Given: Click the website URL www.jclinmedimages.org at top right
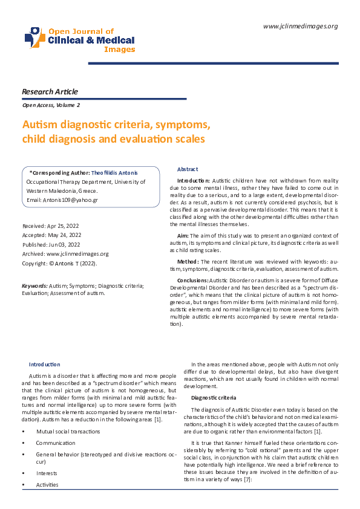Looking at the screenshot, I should (x=301, y=25).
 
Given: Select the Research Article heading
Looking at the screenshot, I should (x=50, y=92).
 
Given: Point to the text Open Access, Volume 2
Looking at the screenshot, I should (x=50, y=105).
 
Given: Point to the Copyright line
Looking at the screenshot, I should (x=59, y=264).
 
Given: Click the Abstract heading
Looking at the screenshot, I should (x=188, y=169).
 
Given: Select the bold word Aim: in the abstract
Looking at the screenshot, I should (x=183, y=235).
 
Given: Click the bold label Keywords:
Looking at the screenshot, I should (x=34, y=284).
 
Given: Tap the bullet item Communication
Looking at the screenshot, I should (x=56, y=443).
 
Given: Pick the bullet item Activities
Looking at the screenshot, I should (x=47, y=484).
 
